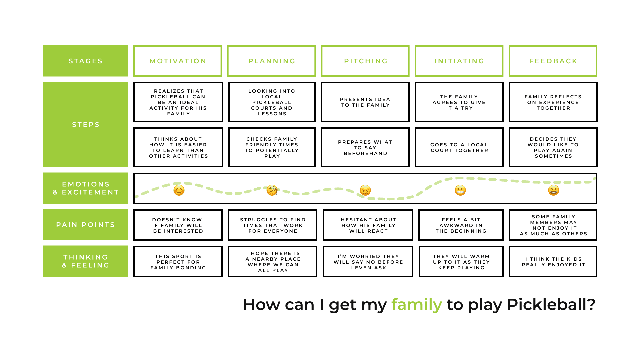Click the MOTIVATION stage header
pyautogui.click(x=178, y=61)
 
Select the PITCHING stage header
pyautogui.click(x=365, y=61)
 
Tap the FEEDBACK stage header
pyautogui.click(x=553, y=61)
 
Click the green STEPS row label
pyautogui.click(x=85, y=124)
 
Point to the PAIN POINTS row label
pyautogui.click(x=85, y=225)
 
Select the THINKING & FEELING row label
pyautogui.click(x=85, y=261)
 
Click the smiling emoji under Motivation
pyautogui.click(x=179, y=190)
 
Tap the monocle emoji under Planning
pyautogui.click(x=272, y=190)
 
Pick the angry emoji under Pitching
pyautogui.click(x=365, y=190)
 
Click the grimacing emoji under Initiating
pyautogui.click(x=460, y=190)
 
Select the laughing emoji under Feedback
pyautogui.click(x=554, y=190)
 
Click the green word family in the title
pyautogui.click(x=417, y=304)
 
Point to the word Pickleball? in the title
pyautogui.click(x=551, y=304)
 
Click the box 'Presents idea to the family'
pyautogui.click(x=365, y=102)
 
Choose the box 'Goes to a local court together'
pyautogui.click(x=459, y=147)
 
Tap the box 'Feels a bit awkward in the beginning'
pyautogui.click(x=461, y=225)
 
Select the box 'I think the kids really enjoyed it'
pyautogui.click(x=553, y=262)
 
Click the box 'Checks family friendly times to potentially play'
pyautogui.click(x=272, y=147)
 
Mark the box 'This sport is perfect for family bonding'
pyautogui.click(x=178, y=262)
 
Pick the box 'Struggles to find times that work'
pyautogui.click(x=273, y=225)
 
